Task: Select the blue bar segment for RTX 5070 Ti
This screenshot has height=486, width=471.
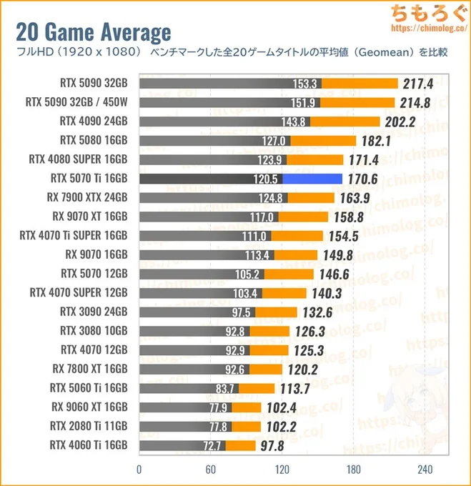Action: [312, 179]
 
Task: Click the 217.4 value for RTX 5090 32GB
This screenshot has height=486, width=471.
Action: [418, 84]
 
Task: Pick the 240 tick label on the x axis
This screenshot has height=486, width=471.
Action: [424, 470]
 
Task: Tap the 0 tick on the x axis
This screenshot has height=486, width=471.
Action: [139, 470]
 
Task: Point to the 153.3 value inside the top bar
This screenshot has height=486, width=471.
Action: [304, 84]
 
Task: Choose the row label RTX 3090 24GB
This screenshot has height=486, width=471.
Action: [94, 311]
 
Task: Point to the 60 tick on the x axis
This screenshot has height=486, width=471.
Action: [210, 470]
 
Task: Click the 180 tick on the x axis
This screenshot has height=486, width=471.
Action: [353, 470]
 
